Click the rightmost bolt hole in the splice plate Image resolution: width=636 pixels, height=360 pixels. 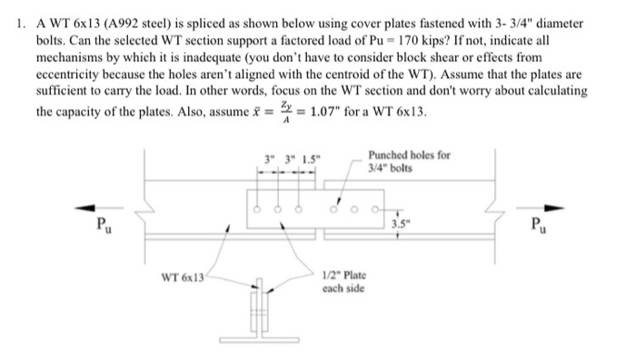pyautogui.click(x=374, y=208)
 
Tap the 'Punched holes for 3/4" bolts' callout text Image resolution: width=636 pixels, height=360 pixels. pyautogui.click(x=410, y=161)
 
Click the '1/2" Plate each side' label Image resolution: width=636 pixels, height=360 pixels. pyautogui.click(x=343, y=282)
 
